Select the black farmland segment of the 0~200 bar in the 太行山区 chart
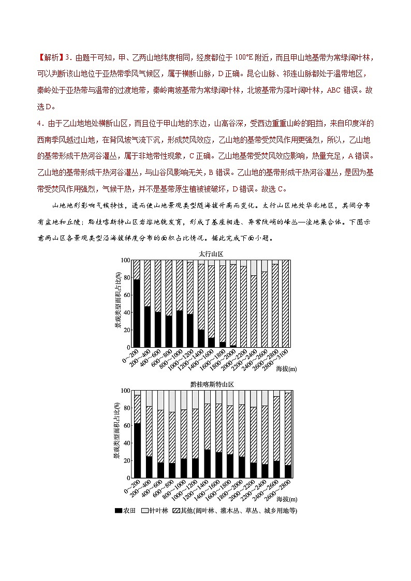137,313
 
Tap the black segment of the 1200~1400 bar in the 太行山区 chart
201,338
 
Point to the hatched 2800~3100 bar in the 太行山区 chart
286,303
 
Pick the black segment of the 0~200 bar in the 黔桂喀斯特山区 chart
137,450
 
